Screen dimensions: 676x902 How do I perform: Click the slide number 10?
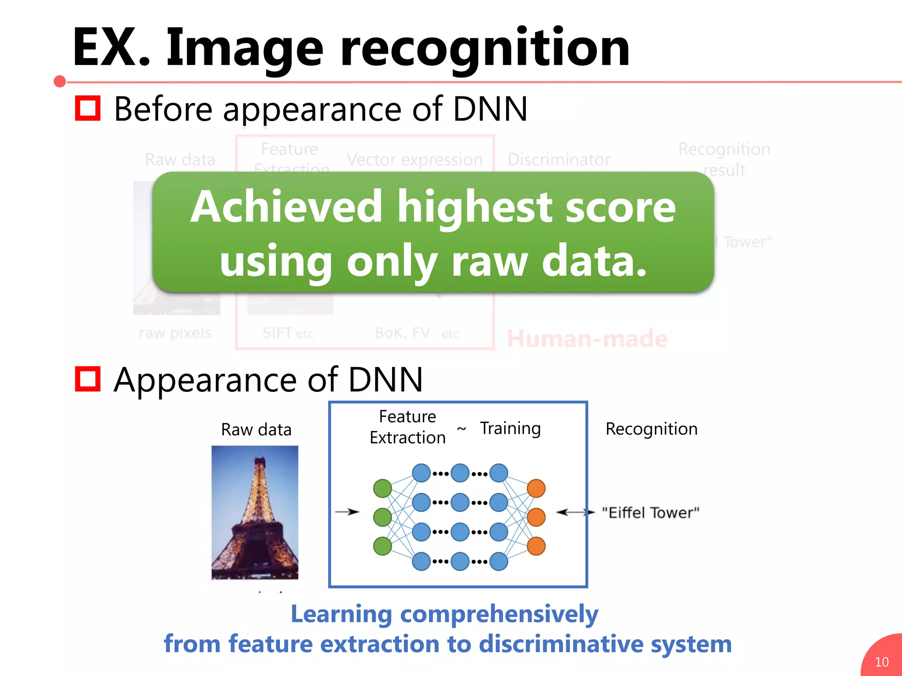(881, 662)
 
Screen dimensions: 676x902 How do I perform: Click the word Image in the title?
(245, 48)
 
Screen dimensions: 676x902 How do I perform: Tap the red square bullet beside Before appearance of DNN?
(88, 108)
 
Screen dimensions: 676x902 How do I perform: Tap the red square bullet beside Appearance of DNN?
(88, 378)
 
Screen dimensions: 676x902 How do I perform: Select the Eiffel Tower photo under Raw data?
(255, 512)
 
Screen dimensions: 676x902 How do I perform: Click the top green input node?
(382, 488)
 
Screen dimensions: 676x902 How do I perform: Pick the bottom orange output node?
(536, 546)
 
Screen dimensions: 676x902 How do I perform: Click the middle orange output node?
(536, 517)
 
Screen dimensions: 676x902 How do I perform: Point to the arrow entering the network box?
(347, 512)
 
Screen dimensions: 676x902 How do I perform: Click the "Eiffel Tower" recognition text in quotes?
(651, 513)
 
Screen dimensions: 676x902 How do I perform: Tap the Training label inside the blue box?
(510, 428)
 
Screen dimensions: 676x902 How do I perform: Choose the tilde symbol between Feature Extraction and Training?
(462, 428)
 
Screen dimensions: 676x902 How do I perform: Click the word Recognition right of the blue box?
(651, 429)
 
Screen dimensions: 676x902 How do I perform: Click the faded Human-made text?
(587, 339)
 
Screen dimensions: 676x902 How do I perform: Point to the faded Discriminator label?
(558, 159)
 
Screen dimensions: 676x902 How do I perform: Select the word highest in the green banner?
(474, 207)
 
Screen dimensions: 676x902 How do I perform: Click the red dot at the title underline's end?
(60, 81)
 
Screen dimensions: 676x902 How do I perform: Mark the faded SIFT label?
(277, 333)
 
